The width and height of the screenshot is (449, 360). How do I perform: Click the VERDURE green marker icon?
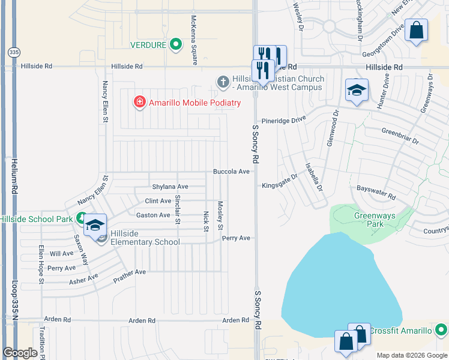click(x=176, y=44)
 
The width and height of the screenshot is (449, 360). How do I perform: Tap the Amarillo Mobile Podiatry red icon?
click(x=140, y=103)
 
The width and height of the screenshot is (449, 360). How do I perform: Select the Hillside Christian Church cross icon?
click(x=223, y=81)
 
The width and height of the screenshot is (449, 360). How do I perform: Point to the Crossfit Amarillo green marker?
click(x=441, y=330)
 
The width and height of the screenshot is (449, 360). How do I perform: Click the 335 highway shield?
click(x=13, y=52)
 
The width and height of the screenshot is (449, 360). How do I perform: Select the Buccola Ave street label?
click(x=231, y=172)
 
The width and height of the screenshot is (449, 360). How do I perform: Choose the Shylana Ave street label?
click(x=170, y=187)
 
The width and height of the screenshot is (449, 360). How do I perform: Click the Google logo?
click(x=20, y=353)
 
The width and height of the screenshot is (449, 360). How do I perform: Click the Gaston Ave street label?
click(x=153, y=215)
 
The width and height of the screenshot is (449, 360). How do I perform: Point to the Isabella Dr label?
click(x=314, y=177)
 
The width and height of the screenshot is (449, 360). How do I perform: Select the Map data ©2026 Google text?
click(x=411, y=355)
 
